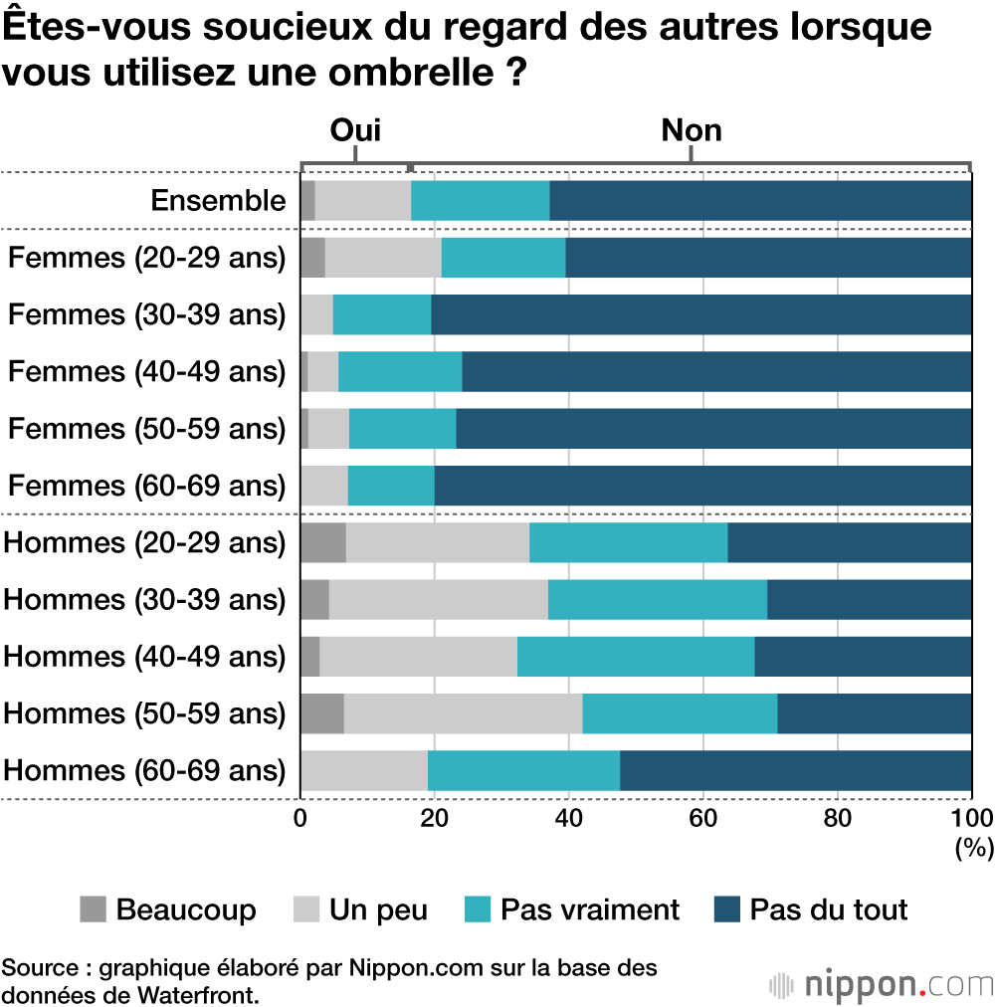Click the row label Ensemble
pos(218,201)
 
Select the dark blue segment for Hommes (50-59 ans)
pos(874,713)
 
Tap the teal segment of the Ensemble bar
pos(480,201)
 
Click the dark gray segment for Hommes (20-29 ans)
pos(323,542)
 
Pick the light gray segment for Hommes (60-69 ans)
pos(364,770)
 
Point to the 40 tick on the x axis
pos(568,818)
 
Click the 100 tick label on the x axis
pos(971,818)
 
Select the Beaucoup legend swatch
pos(93,908)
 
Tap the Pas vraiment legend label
pos(589,908)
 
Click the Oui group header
pos(355,130)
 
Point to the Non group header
pos(692,130)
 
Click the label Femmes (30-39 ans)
pos(147,314)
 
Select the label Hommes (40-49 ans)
pos(145,657)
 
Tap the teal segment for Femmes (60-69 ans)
pos(391,486)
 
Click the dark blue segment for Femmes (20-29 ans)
pos(768,258)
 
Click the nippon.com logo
pos(882,984)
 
